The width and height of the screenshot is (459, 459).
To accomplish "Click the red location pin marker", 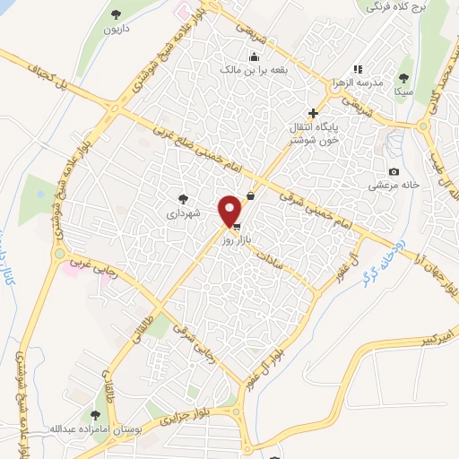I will [x=230, y=211].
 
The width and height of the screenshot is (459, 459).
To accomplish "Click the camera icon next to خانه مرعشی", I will [x=394, y=171].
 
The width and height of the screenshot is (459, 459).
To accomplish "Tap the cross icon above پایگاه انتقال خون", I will [x=312, y=113].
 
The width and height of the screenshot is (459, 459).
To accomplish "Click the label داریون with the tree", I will [x=118, y=29].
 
